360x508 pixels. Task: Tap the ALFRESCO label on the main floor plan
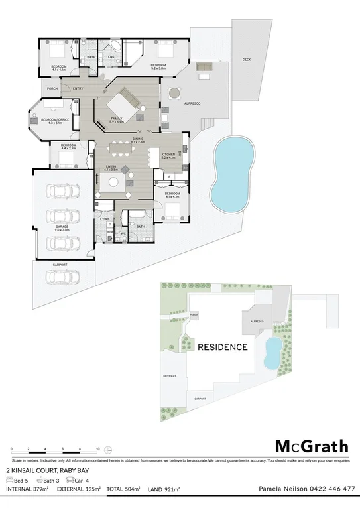[x=191, y=105]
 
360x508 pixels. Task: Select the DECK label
[x=247, y=60]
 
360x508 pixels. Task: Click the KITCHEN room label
[x=168, y=155]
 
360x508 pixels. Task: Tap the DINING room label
[x=137, y=139]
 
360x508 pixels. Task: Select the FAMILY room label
[x=117, y=119]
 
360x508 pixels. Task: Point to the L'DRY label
[x=104, y=218]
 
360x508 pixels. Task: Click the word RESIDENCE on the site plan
[x=223, y=347]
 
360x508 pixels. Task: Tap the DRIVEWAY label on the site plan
[x=169, y=376]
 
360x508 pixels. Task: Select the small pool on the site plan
[x=272, y=353]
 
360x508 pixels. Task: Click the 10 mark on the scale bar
[x=97, y=449]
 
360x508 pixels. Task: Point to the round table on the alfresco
[x=174, y=93]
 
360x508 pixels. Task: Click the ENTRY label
[x=78, y=89]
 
